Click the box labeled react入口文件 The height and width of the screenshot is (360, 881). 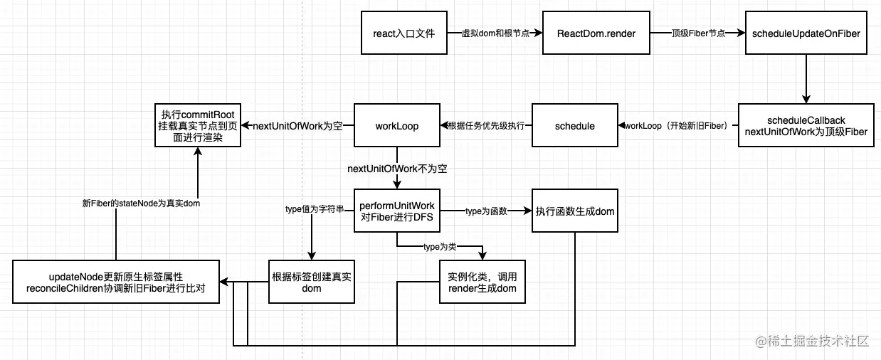coord(404,33)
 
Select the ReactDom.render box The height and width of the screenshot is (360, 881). coord(596,33)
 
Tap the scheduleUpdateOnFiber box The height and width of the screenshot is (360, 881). coord(806,33)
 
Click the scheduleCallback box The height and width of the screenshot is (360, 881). coord(806,126)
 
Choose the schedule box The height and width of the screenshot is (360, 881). coord(574,126)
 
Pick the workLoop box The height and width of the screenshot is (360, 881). coord(396,126)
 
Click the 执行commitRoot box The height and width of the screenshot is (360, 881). coord(197,126)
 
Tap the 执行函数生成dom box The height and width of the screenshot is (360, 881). coord(575,211)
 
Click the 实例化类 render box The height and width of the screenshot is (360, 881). coord(482,282)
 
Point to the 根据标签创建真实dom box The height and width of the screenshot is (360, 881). coord(311,282)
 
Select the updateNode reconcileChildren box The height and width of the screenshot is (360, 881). coord(115,282)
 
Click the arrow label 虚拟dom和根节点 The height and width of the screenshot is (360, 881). coord(495,33)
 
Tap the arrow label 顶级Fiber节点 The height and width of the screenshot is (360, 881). coord(697,33)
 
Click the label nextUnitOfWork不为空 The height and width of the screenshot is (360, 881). coord(397,169)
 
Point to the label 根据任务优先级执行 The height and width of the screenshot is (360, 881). coord(486,126)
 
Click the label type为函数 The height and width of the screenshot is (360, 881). coord(485,211)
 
